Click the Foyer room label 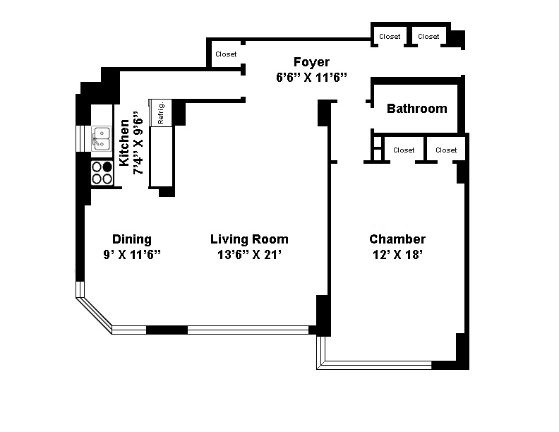[311, 62]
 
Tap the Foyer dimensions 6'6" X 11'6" [311, 78]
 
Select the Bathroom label [416, 109]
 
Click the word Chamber [397, 239]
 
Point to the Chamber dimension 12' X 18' [397, 255]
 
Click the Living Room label [249, 239]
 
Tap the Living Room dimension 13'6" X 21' [249, 255]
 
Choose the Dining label [132, 239]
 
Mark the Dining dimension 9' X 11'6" [132, 255]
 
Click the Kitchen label [124, 143]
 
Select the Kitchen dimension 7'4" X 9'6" [138, 143]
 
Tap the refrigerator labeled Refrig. [161, 112]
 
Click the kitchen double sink [101, 138]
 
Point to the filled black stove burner [107, 167]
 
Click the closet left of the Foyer [226, 54]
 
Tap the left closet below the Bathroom [404, 150]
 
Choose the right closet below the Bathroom [446, 150]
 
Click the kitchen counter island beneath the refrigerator [161, 157]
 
